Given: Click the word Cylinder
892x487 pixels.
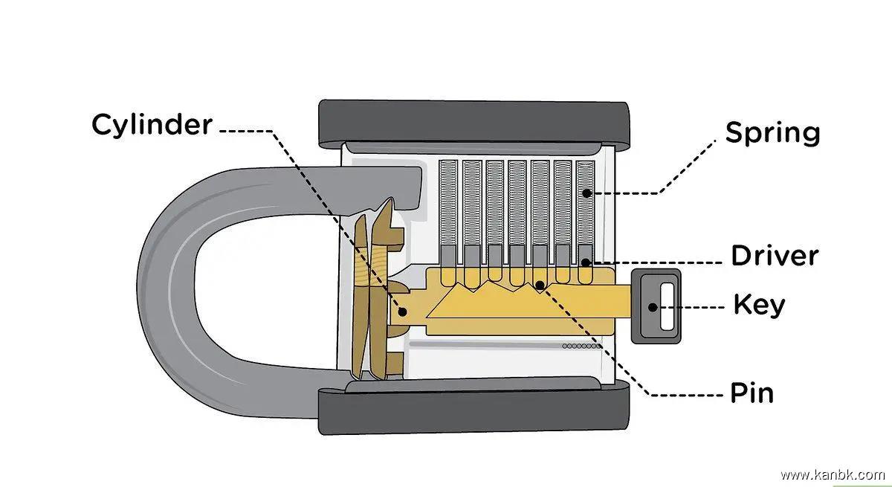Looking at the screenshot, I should coord(152,124).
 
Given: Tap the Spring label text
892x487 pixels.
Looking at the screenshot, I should coord(772,133).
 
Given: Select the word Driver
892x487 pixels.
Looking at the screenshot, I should coord(774,256).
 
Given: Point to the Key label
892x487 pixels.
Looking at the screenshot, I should coord(759,305).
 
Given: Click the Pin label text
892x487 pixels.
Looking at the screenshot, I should coord(752,393).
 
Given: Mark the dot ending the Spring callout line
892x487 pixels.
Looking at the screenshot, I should coord(586,193).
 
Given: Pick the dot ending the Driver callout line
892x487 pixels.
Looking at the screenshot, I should coord(586,262).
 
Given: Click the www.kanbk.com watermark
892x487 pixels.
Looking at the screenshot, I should coord(832,474).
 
